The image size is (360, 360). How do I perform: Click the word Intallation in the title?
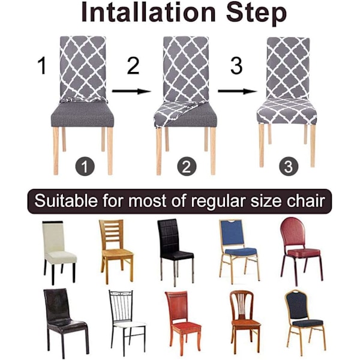148,13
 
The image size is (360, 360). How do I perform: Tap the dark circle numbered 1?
85,166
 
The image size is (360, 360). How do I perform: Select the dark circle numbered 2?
187,166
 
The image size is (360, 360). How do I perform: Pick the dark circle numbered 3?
289,166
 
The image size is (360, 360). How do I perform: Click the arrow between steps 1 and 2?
131,91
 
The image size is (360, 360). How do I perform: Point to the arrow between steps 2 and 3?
237,91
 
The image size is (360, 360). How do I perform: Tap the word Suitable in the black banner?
66,201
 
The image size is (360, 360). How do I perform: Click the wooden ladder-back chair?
116,251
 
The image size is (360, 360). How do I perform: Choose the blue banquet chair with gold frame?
239,251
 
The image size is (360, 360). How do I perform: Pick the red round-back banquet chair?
301,251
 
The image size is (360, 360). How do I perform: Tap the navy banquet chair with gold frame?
305,322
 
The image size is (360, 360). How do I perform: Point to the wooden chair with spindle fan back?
245,322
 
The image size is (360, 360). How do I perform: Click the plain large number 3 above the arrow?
236,65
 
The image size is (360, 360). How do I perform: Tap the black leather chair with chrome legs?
176,252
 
